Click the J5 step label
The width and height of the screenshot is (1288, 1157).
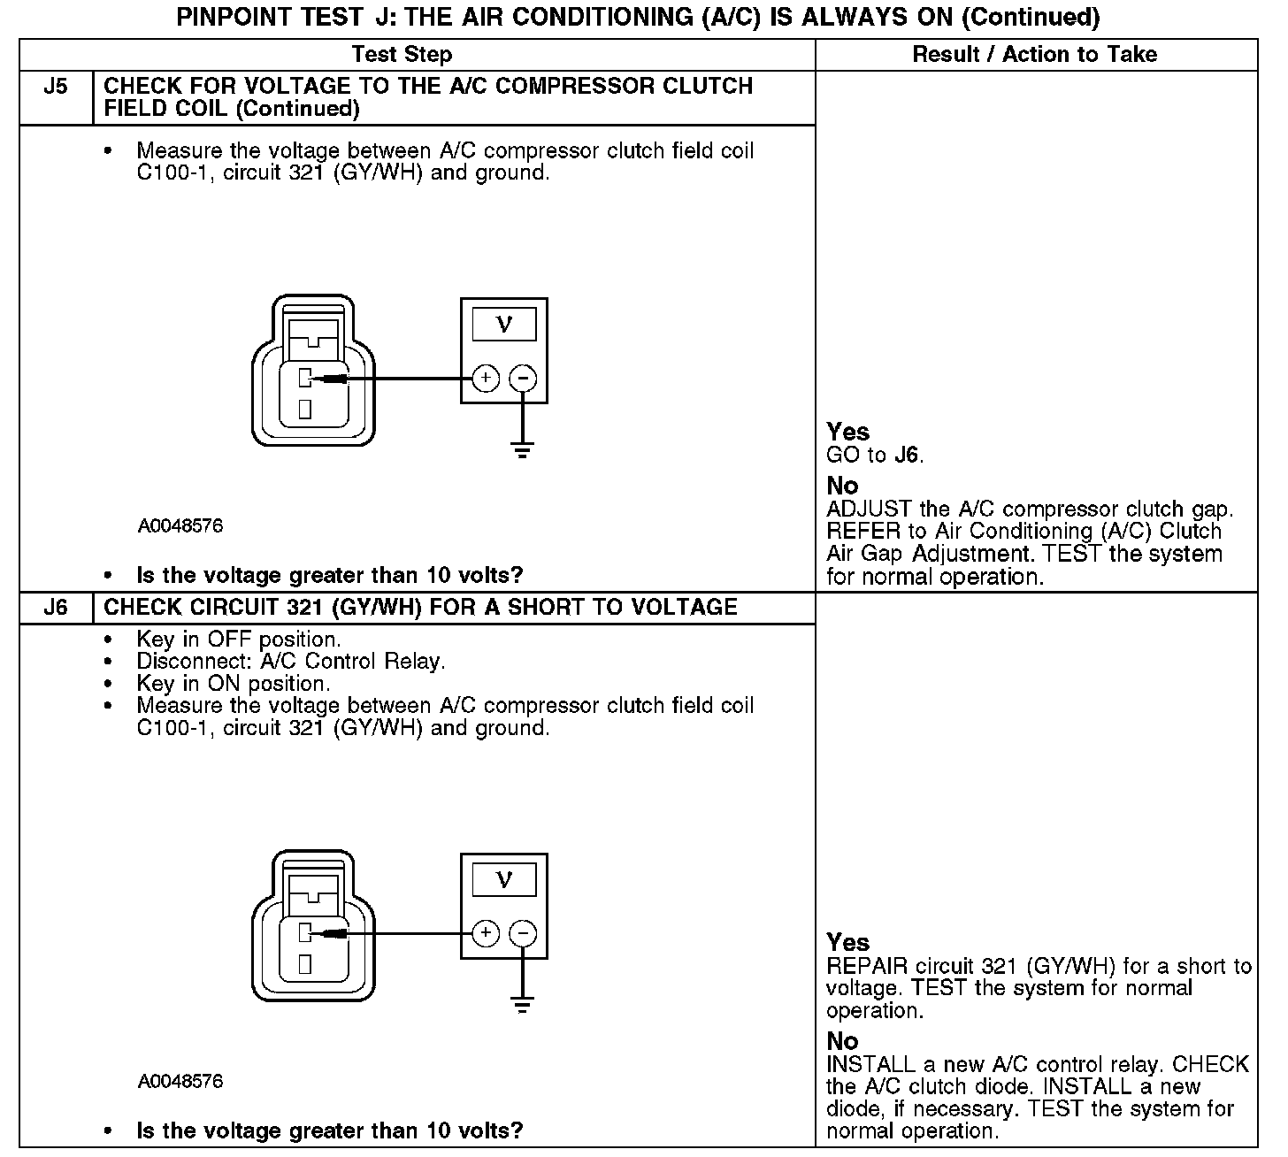[x=55, y=87]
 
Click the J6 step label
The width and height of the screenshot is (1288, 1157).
[x=55, y=608]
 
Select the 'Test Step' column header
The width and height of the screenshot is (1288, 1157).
[x=402, y=55]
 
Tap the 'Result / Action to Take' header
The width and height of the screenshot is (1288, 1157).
[x=1034, y=55]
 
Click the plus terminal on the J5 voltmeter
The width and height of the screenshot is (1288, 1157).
[x=486, y=379]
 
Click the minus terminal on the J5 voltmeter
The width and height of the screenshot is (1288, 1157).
[x=523, y=379]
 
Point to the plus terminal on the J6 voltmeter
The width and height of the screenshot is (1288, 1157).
[x=486, y=934]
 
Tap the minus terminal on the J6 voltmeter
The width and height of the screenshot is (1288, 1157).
[x=523, y=934]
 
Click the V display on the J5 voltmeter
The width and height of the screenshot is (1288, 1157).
[x=504, y=325]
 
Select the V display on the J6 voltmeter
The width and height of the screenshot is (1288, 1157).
[x=504, y=880]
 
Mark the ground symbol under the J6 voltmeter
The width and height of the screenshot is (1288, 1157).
[x=523, y=1005]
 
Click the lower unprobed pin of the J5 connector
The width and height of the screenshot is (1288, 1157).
[x=304, y=409]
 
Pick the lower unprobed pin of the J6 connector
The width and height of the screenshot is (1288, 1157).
[x=304, y=964]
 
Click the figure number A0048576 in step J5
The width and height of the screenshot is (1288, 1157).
[x=180, y=526]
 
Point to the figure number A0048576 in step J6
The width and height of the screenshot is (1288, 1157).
[x=180, y=1082]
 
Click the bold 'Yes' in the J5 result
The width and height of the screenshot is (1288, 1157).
[x=847, y=432]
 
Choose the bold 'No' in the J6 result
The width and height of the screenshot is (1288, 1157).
[x=842, y=1041]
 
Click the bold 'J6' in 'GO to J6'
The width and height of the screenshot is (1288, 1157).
[x=907, y=456]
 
